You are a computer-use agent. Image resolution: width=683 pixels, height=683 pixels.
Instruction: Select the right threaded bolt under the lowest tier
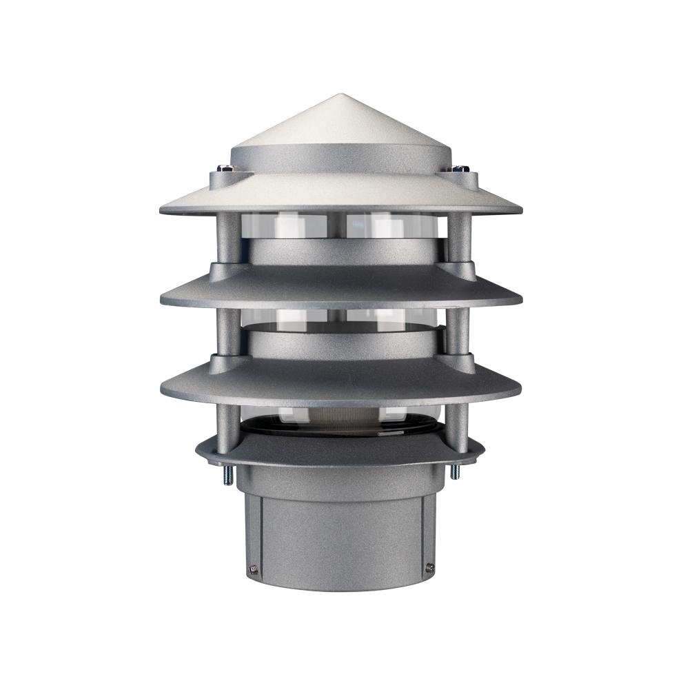[x=454, y=472]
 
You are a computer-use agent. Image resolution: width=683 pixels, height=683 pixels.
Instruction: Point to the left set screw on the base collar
[x=252, y=569]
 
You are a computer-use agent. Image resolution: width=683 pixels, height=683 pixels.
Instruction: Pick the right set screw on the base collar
[x=429, y=568]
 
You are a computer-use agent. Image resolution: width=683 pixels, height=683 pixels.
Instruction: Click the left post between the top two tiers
[x=227, y=238]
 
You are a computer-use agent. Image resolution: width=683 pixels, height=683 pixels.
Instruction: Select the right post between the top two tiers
[x=458, y=238]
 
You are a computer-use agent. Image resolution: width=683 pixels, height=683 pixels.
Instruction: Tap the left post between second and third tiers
[x=227, y=331]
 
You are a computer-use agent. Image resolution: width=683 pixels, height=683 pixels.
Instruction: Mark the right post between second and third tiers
[x=458, y=331]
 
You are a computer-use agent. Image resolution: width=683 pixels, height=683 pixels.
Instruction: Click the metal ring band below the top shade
[x=341, y=252]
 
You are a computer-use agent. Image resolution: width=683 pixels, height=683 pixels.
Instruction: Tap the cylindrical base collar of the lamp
[x=341, y=531]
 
